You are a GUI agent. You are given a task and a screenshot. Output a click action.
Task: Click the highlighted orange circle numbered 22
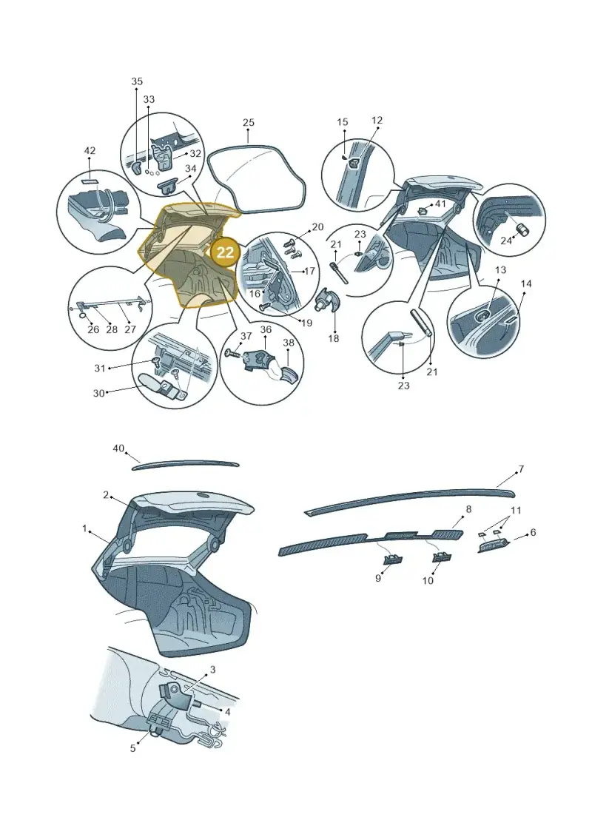point(225,252)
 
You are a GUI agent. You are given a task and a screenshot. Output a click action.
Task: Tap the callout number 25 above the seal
point(248,122)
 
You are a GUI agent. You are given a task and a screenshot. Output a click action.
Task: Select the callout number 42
point(90,150)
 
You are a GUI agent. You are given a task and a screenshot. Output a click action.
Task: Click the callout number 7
point(521,469)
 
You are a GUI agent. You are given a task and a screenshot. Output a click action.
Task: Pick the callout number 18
point(334,338)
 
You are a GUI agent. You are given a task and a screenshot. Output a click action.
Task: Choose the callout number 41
point(440,204)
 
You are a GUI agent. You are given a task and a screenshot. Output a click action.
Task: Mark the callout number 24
point(505,241)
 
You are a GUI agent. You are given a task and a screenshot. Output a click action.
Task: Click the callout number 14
point(526,283)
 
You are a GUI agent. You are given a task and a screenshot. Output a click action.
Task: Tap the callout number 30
point(98,393)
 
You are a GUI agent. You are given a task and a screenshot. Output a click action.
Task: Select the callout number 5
point(133,748)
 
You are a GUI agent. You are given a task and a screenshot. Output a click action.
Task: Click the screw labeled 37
point(232,353)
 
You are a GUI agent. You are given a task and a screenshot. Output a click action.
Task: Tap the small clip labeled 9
point(394,559)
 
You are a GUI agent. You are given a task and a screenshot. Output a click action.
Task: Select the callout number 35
point(137,81)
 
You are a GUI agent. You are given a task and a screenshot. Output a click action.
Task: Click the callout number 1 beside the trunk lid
point(84,528)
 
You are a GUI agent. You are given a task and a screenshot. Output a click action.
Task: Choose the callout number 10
point(428,580)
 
